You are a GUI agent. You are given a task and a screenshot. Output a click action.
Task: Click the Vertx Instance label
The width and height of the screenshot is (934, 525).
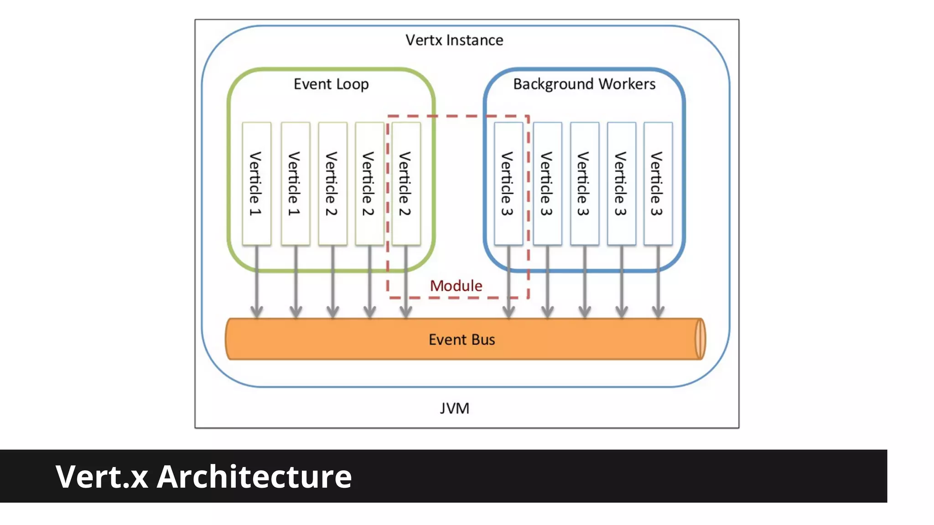(x=454, y=40)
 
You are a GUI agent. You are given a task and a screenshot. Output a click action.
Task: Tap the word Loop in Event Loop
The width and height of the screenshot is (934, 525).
(x=352, y=84)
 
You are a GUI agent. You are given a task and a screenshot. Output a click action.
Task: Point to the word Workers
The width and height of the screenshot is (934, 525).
(x=627, y=84)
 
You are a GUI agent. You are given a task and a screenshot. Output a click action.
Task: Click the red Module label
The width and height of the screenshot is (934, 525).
(x=456, y=286)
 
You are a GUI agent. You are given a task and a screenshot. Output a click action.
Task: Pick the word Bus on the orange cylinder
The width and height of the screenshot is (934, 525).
(x=483, y=340)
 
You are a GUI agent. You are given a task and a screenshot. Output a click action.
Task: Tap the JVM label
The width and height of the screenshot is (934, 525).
(x=454, y=408)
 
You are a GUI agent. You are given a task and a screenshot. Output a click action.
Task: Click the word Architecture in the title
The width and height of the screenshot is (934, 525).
(x=254, y=477)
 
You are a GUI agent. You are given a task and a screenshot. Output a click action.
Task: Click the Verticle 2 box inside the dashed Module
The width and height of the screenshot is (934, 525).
(x=406, y=183)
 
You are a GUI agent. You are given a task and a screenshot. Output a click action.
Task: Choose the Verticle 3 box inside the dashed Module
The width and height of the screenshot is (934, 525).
(x=508, y=183)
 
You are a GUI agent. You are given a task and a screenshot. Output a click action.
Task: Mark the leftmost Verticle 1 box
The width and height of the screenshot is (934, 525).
(x=256, y=183)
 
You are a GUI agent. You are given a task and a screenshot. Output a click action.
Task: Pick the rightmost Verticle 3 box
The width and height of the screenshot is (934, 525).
(x=658, y=183)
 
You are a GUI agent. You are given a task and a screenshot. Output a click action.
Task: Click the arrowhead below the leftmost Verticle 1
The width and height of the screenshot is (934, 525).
(x=257, y=312)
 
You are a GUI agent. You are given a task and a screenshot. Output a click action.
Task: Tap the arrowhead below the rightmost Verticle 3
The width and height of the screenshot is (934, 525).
(x=658, y=312)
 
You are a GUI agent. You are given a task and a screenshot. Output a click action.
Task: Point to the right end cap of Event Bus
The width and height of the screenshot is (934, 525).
(x=700, y=339)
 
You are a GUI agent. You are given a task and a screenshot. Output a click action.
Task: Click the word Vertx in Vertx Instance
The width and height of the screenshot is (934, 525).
(x=424, y=40)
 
